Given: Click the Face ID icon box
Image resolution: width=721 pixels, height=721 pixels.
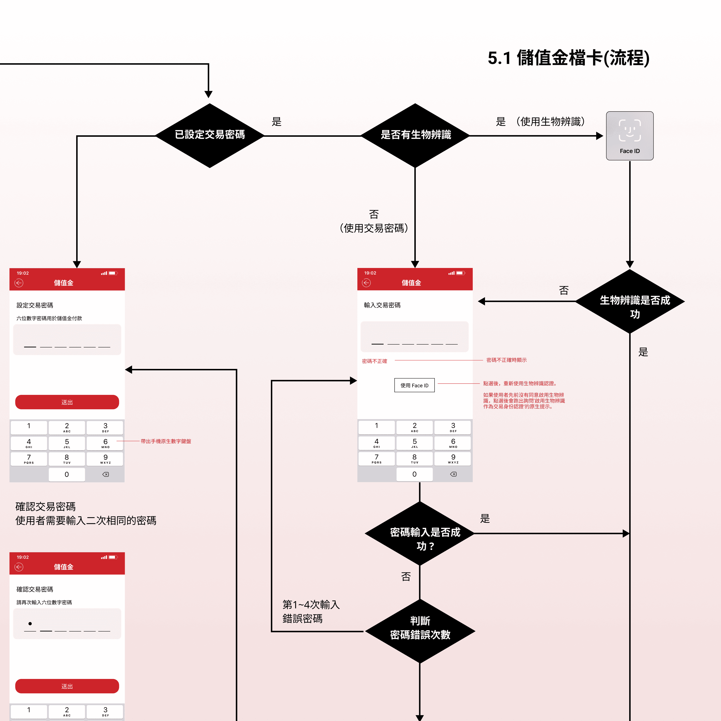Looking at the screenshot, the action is pyautogui.click(x=630, y=136).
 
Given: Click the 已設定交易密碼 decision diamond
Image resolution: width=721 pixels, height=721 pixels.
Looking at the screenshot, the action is pyautogui.click(x=210, y=136).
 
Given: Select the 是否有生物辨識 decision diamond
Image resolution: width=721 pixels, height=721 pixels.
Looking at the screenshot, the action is pyautogui.click(x=415, y=136).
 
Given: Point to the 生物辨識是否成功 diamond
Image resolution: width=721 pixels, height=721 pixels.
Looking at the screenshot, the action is pyautogui.click(x=630, y=301).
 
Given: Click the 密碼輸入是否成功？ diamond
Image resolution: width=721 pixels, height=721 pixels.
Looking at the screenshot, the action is pyautogui.click(x=420, y=534).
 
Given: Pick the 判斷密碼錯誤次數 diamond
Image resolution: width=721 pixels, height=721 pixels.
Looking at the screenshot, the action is pyautogui.click(x=420, y=631).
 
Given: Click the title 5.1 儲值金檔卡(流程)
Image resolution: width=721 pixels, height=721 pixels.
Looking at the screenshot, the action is pyautogui.click(x=568, y=58).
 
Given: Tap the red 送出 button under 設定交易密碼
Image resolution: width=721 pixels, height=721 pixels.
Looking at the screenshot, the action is pyautogui.click(x=67, y=402).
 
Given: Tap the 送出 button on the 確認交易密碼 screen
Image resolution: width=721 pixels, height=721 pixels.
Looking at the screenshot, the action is pyautogui.click(x=67, y=686).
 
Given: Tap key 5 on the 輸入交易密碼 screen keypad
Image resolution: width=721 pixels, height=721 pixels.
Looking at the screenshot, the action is pyautogui.click(x=414, y=443).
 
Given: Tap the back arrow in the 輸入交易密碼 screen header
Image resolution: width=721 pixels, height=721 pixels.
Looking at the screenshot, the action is pyautogui.click(x=367, y=283).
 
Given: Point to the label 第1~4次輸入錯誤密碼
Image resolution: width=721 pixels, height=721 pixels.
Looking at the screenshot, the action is pyautogui.click(x=311, y=611).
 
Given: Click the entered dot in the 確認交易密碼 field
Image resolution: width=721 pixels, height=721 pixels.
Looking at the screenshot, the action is pyautogui.click(x=30, y=624).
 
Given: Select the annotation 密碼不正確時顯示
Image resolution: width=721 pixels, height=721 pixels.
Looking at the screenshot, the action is pyautogui.click(x=506, y=360).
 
